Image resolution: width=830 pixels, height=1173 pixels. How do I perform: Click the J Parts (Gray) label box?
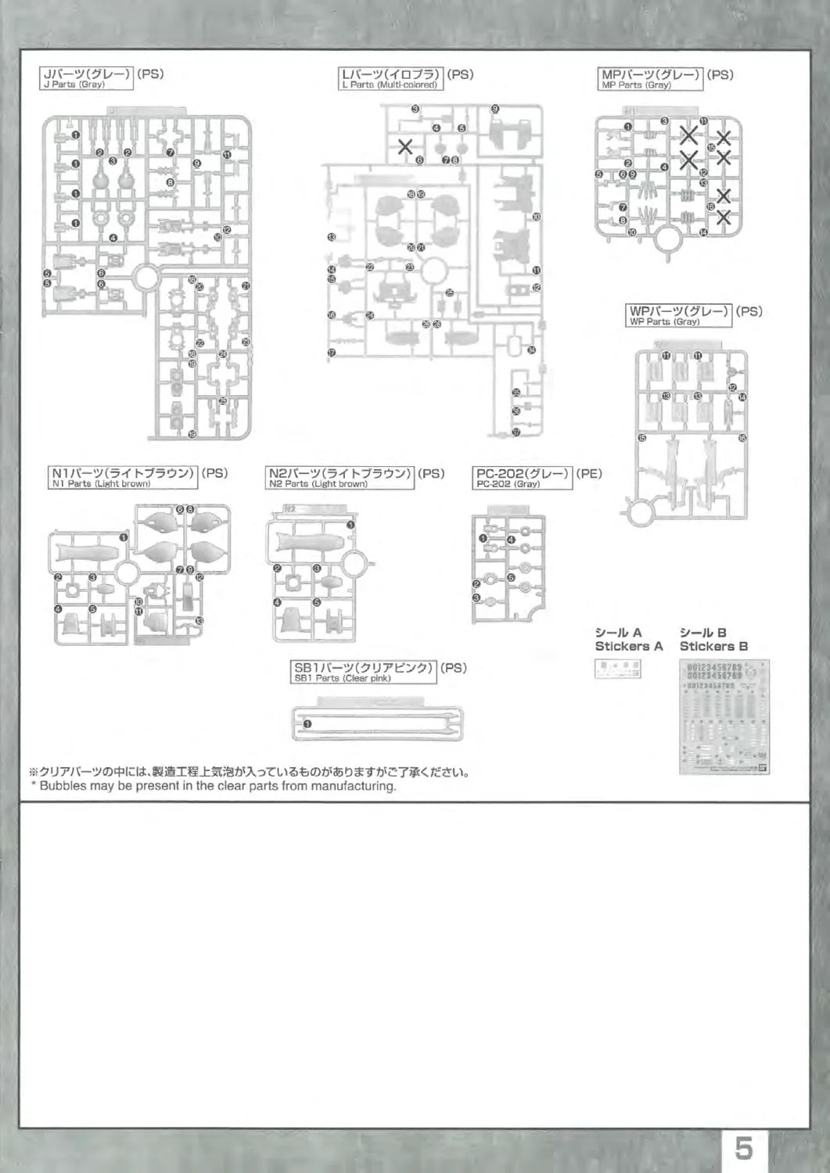tap(86, 79)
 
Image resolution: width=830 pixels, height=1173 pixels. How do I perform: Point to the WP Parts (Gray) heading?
tap(679, 315)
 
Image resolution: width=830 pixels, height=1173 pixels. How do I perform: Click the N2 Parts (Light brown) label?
tap(340, 478)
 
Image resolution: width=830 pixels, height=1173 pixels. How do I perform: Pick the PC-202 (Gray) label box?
tap(523, 478)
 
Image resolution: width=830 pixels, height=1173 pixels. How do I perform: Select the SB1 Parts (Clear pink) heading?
tap(364, 673)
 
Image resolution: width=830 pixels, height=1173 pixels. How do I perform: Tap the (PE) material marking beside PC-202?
tap(589, 473)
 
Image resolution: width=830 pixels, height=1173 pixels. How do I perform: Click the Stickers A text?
tap(628, 647)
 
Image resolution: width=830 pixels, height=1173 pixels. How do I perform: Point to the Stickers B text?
tap(713, 647)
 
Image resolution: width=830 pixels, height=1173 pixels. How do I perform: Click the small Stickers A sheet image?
tap(618, 669)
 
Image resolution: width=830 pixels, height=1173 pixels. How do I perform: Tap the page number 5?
tap(744, 1149)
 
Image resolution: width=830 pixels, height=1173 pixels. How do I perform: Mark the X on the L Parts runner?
tap(406, 145)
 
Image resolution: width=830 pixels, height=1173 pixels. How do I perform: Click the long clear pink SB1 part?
tap(377, 723)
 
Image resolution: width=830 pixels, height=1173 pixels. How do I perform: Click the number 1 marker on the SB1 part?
tap(307, 723)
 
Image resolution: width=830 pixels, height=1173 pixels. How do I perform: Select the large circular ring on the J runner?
tap(146, 276)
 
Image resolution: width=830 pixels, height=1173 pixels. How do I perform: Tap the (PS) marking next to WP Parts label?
tap(749, 310)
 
